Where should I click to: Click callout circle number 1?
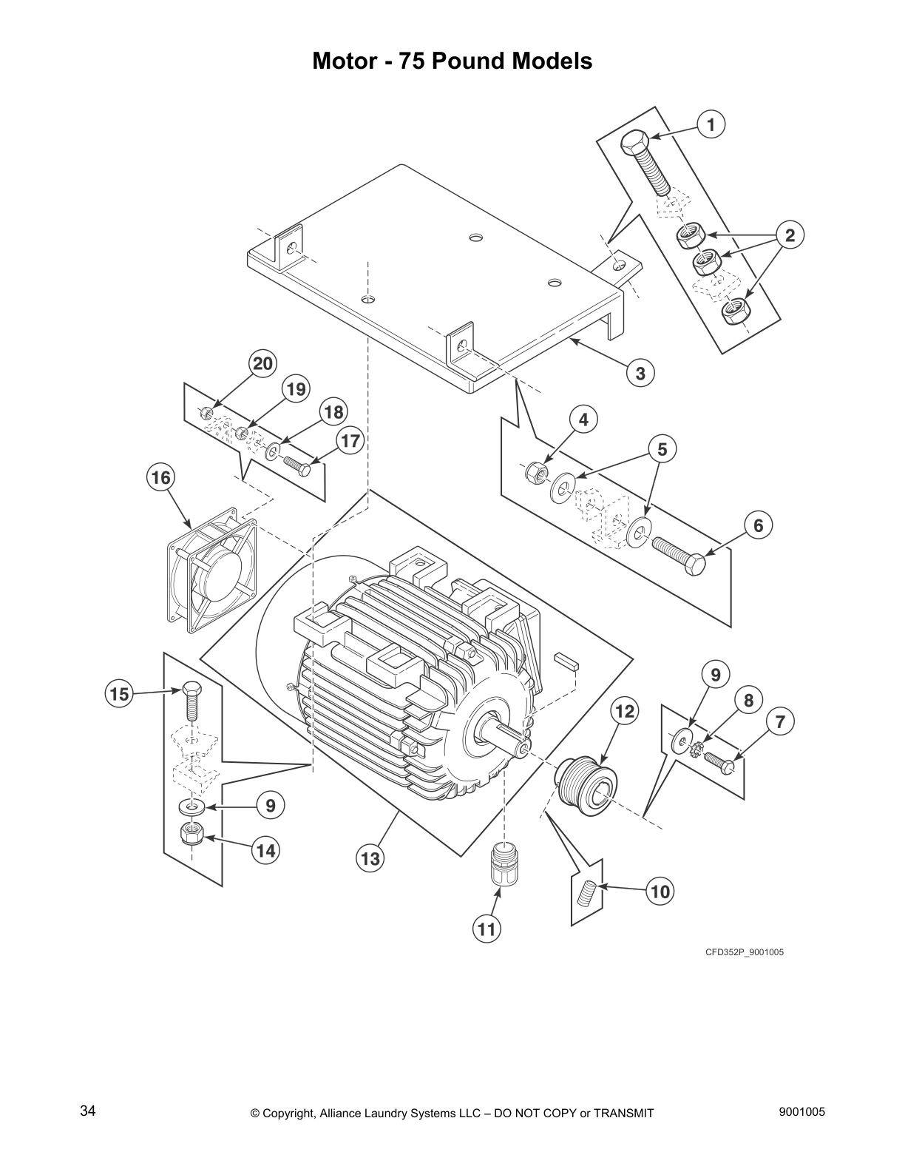tap(711, 124)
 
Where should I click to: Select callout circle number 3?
tap(640, 373)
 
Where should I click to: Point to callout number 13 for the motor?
tap(370, 858)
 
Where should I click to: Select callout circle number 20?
tap(262, 363)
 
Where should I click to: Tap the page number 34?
tap(87, 1112)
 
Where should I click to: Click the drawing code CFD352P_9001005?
tap(743, 952)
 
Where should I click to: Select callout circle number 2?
tap(790, 236)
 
